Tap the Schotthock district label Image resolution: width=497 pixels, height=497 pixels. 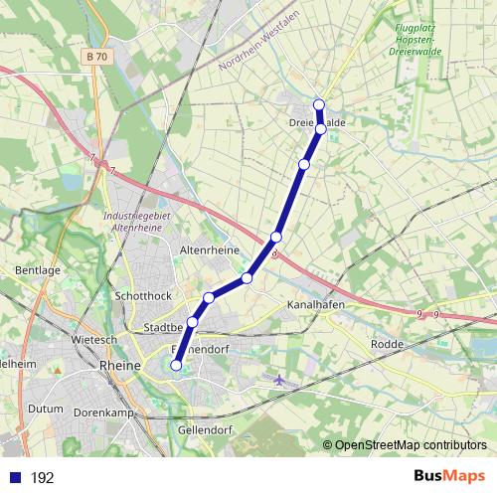[144, 296]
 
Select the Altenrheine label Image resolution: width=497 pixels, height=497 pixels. [207, 250]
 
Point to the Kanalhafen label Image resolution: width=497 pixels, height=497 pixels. [314, 304]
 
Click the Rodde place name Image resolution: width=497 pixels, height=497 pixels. [386, 344]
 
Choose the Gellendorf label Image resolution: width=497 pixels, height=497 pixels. [205, 428]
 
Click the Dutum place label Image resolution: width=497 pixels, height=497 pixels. [45, 409]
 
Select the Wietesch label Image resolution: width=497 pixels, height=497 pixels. [94, 339]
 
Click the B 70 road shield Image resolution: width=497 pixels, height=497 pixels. [96, 58]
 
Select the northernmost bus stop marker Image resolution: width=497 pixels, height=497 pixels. [319, 105]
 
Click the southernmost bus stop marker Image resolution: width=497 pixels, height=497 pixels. [176, 365]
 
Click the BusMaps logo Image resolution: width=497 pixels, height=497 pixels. [448, 477]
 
